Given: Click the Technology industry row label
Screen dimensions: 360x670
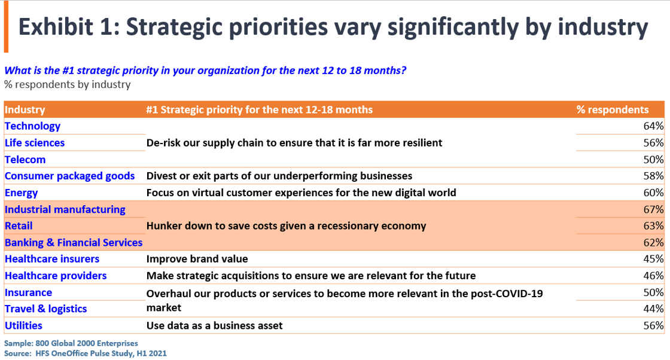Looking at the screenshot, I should tap(33, 126).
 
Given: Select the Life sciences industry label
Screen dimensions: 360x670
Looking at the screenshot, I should tap(35, 143).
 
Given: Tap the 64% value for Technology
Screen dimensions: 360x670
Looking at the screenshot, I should tap(654, 126).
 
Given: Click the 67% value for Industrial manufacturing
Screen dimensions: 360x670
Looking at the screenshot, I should tap(654, 209).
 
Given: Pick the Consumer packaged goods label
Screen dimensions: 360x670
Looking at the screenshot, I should tap(69, 176).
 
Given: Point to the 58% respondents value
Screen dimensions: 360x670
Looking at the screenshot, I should tap(654, 176).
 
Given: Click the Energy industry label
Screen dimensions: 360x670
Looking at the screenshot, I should tap(22, 193).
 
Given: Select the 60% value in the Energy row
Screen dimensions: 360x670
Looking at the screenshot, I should tap(654, 193).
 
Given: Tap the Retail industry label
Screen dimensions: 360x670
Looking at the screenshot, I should tap(19, 226).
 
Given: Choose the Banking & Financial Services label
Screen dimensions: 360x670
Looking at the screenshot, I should tap(74, 242).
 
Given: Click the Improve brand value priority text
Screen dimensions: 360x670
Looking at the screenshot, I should tap(197, 259).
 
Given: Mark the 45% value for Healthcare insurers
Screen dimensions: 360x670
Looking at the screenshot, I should tap(654, 259).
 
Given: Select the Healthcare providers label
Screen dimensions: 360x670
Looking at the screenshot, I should tap(56, 276).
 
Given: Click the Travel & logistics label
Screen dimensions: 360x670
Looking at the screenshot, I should tap(46, 309).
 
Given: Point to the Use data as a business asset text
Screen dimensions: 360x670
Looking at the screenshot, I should tap(214, 325).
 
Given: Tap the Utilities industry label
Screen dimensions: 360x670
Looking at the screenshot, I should tap(24, 325).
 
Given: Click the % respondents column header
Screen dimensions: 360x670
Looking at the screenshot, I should tap(613, 109).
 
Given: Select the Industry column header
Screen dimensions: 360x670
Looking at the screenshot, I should tap(25, 109).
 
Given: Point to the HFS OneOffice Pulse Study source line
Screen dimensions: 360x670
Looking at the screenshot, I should tap(86, 353).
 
